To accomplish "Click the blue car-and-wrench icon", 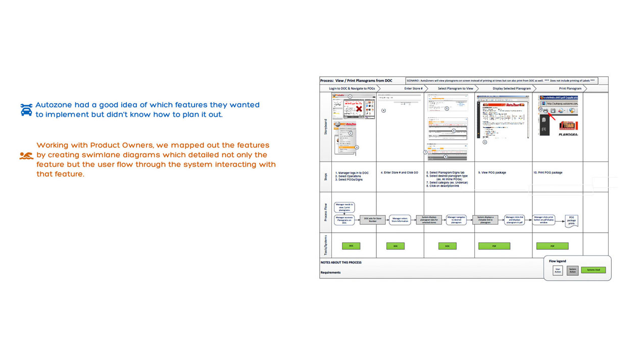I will pyautogui.click(x=26, y=110).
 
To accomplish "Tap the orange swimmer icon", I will pyautogui.click(x=26, y=156).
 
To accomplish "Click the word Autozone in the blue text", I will pyautogui.click(x=54, y=105).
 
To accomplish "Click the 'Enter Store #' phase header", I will pyautogui.click(x=413, y=88).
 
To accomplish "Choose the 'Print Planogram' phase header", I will pyautogui.click(x=570, y=88).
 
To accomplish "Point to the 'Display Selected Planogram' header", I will pyautogui.click(x=511, y=88).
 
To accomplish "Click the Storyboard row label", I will pyautogui.click(x=325, y=127).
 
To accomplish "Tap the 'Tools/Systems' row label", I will pyautogui.click(x=325, y=244).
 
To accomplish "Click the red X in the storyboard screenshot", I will pyautogui.click(x=359, y=109).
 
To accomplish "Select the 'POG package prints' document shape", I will pyautogui.click(x=571, y=220).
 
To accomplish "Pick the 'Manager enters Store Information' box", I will pyautogui.click(x=400, y=220).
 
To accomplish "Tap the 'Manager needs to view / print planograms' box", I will pyautogui.click(x=344, y=208).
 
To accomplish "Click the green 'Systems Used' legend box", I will pyautogui.click(x=593, y=270).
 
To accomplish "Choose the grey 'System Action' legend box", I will pyautogui.click(x=572, y=270).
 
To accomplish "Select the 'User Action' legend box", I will pyautogui.click(x=558, y=270).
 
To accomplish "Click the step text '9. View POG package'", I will pyautogui.click(x=493, y=173).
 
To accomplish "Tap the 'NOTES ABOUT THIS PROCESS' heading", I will pyautogui.click(x=341, y=263).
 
